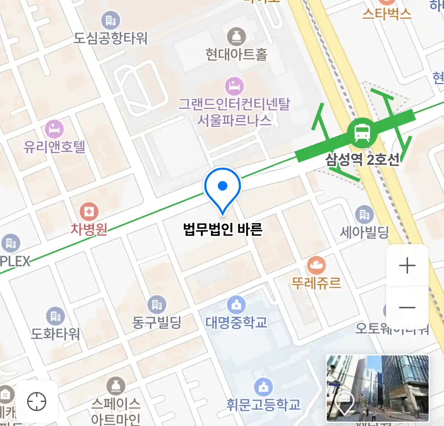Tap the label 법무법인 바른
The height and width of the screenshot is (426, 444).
click(223, 229)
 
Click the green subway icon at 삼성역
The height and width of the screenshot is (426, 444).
click(362, 133)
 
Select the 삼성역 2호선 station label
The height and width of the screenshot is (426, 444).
click(362, 159)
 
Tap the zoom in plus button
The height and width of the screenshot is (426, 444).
click(407, 266)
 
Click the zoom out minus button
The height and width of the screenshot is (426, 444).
click(407, 308)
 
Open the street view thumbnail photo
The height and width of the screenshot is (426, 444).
click(377, 388)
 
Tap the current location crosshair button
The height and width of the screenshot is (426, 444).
click(37, 402)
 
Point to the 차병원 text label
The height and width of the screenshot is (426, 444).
click(89, 229)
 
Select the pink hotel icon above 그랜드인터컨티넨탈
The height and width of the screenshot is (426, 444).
click(234, 86)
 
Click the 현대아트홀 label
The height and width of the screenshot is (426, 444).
click(236, 54)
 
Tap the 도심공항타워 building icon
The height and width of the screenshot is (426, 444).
click(111, 21)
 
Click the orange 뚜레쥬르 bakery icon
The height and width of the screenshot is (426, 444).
click(316, 265)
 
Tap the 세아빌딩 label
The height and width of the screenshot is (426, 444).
click(364, 232)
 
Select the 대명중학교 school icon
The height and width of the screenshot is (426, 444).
click(236, 305)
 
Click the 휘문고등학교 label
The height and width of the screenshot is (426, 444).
click(263, 404)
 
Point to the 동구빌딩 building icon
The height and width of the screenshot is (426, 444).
click(157, 305)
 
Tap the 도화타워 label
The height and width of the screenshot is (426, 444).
click(55, 334)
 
